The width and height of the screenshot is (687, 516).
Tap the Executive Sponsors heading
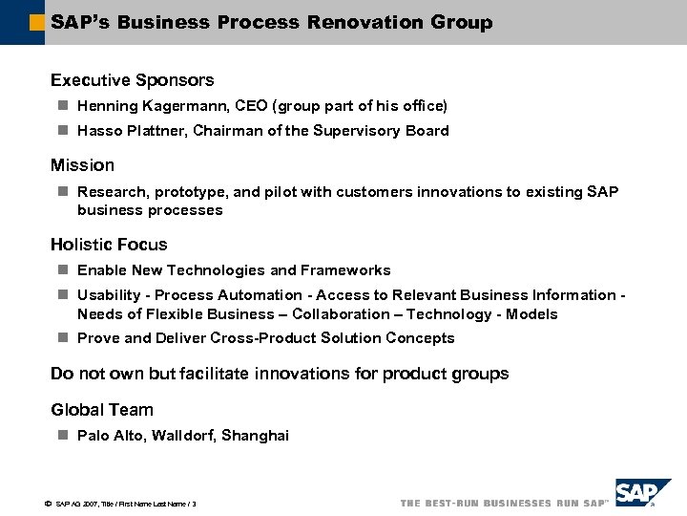pyautogui.click(x=132, y=80)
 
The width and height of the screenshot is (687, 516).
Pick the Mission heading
pyautogui.click(x=82, y=165)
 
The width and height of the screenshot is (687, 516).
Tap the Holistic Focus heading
pyautogui.click(x=109, y=245)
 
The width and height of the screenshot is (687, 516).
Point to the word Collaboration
pyautogui.click(x=341, y=314)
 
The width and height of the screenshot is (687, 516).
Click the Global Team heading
pyautogui.click(x=102, y=410)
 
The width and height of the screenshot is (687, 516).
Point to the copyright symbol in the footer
pyautogui.click(x=47, y=503)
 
